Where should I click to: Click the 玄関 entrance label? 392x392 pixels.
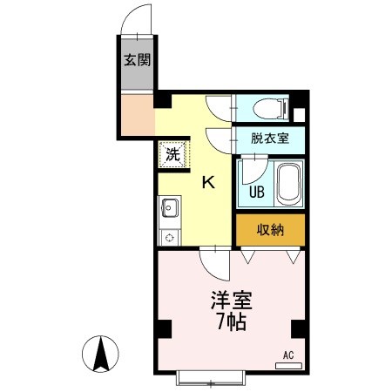coord(135,61)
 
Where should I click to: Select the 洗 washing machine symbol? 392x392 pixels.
coord(172,156)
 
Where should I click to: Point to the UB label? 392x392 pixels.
coord(258,192)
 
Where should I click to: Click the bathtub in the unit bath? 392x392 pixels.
coord(288,182)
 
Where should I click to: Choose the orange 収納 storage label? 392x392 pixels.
coord(270,230)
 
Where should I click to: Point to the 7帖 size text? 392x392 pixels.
coord(231,323)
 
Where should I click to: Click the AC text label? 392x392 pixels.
coord(288,355)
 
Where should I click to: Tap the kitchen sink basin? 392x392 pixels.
coord(169,210)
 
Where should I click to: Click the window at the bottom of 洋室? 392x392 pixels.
coord(210,378)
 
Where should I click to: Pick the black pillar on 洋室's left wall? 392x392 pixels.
coord(163,328)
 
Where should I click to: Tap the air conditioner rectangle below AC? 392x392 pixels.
coord(289,365)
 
